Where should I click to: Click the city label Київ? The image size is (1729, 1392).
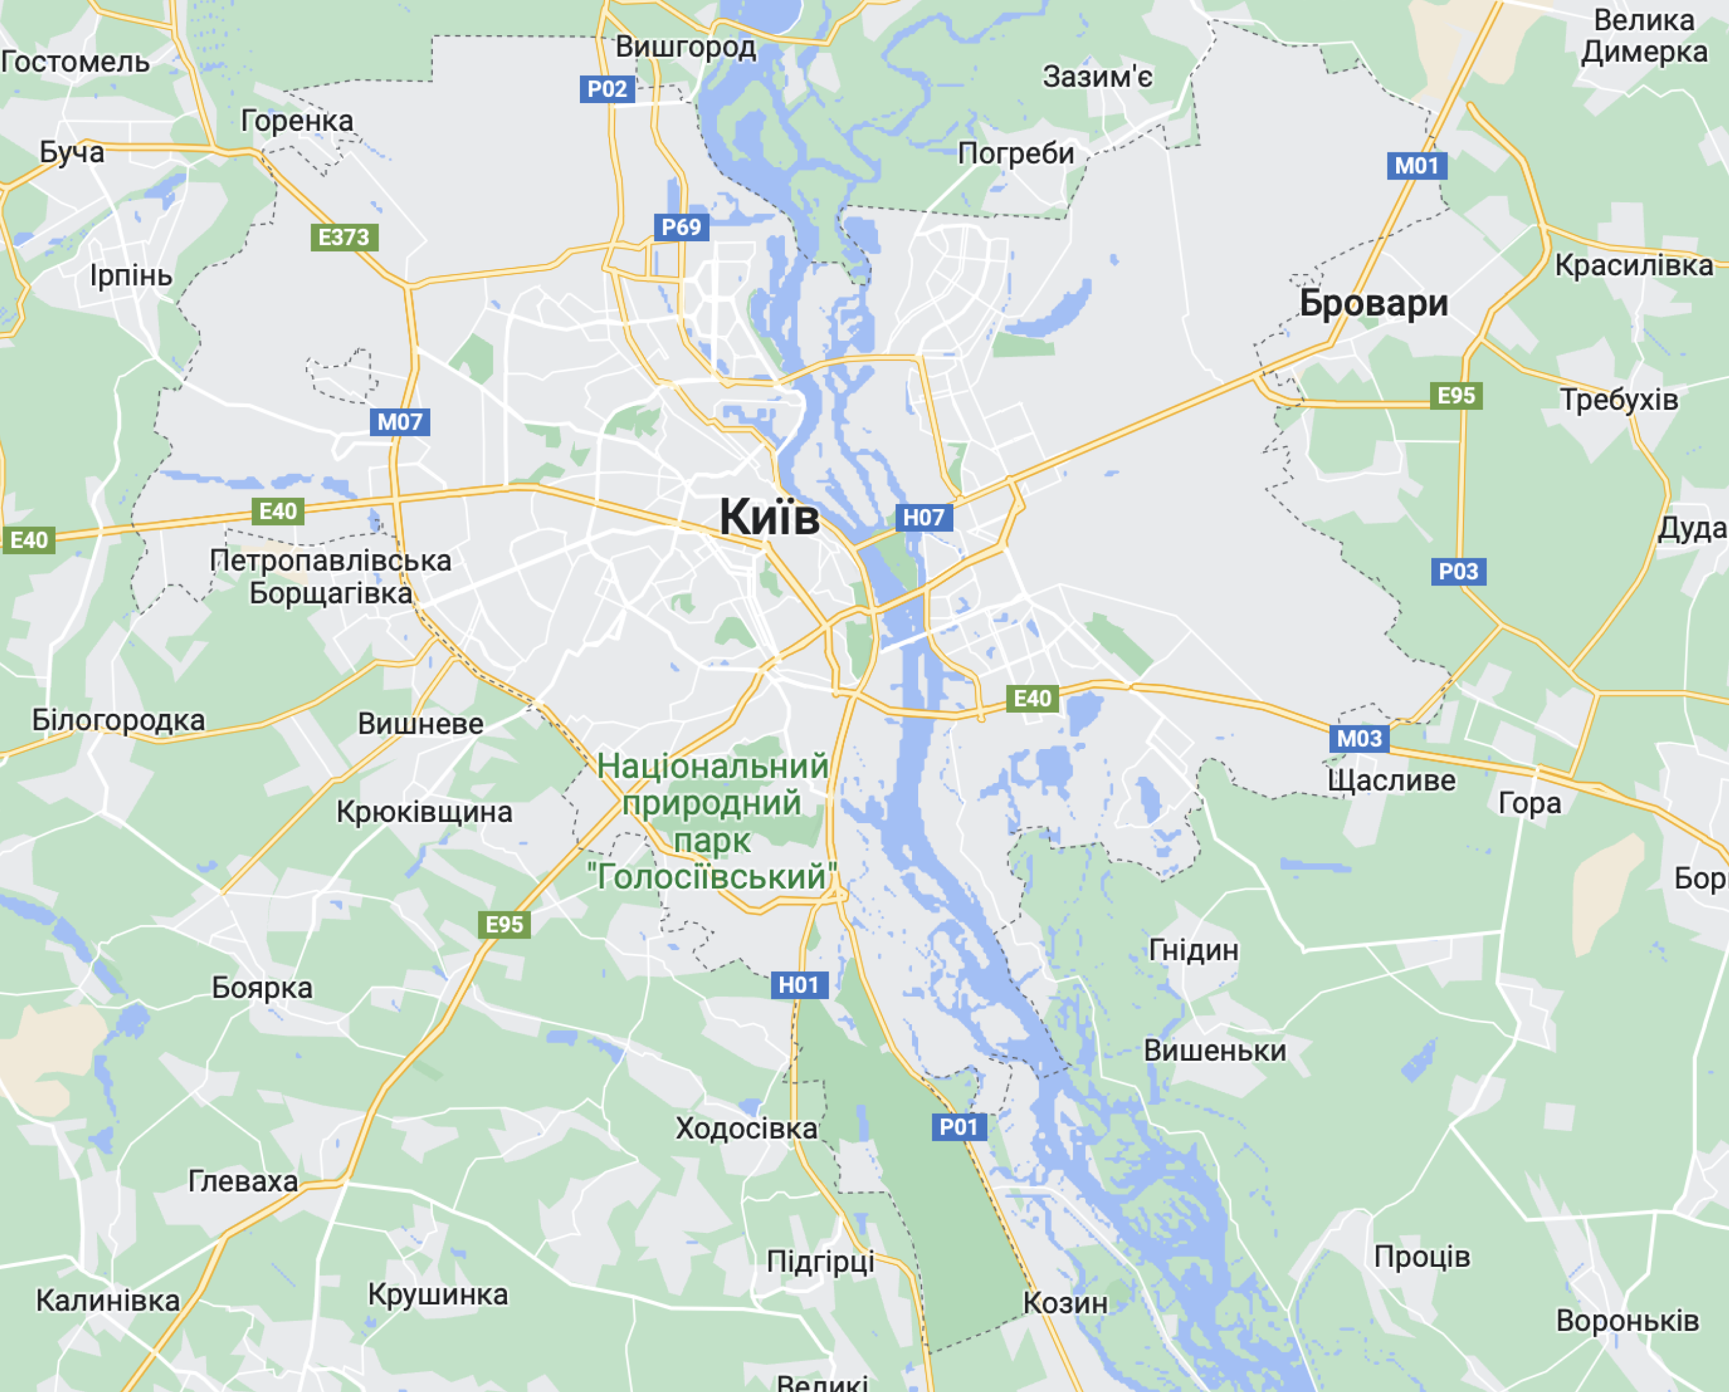pos(769,516)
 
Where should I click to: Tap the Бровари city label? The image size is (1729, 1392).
pos(1373,303)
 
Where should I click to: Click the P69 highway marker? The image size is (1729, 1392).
pos(680,227)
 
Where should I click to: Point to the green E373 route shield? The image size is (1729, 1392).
pos(344,238)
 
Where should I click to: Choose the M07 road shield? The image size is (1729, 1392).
pos(400,422)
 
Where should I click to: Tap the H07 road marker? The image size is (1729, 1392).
pos(923,517)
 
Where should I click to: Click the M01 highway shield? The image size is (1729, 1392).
pos(1416,166)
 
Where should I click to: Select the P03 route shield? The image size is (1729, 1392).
pos(1458,572)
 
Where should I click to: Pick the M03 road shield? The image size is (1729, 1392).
pos(1359,739)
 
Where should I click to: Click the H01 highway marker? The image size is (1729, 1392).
pos(798,985)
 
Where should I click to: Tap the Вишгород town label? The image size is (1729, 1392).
pos(685,48)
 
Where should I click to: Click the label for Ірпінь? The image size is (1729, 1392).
pos(131,276)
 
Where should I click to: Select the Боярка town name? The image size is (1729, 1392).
pos(262,987)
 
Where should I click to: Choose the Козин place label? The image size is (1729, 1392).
pos(1065,1303)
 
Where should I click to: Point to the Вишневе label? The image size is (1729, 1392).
pos(421,723)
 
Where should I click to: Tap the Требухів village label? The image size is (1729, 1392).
pos(1618,399)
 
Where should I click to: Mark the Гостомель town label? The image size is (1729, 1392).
pos(75,62)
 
